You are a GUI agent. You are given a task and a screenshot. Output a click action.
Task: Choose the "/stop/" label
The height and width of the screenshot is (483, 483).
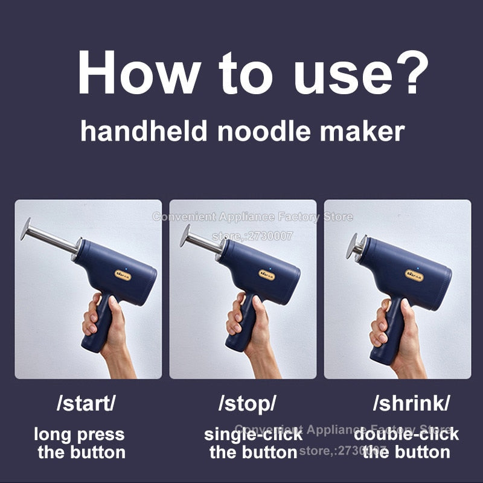click(247, 404)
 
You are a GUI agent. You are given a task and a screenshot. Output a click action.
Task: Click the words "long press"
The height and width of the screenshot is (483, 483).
click(79, 433)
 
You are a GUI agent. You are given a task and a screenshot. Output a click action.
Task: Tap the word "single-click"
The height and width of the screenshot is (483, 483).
click(253, 433)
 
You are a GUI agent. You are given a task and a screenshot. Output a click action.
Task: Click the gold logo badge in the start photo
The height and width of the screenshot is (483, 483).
click(123, 274)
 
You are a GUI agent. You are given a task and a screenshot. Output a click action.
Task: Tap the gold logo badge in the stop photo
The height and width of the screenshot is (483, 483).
click(267, 275)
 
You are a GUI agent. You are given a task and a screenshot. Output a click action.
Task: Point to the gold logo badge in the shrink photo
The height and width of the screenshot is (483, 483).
click(414, 275)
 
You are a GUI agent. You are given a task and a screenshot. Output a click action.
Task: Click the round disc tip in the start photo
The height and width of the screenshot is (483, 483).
click(25, 229)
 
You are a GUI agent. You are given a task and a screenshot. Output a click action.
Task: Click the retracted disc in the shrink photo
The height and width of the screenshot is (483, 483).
click(351, 245)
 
